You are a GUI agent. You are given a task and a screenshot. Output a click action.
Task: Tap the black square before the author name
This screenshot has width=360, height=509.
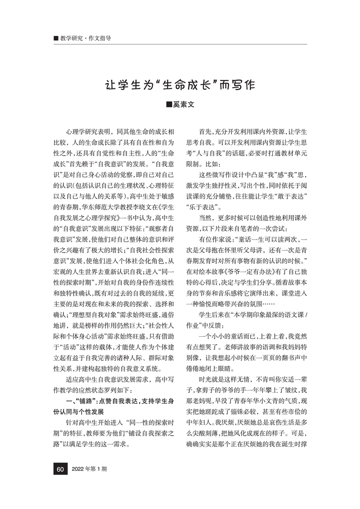(168, 104)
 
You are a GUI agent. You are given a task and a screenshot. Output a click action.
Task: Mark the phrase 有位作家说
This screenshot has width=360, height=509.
(216, 239)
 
